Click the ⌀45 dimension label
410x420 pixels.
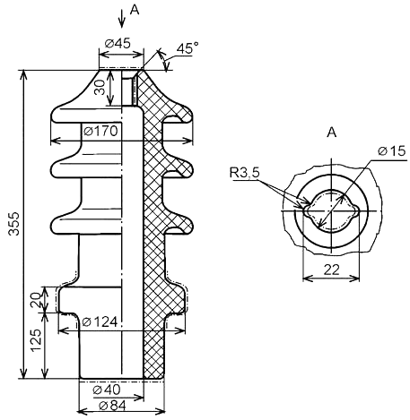pos(118,44)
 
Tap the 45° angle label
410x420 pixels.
pos(188,47)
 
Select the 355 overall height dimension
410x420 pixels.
pos(13,224)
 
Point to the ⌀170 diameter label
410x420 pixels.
pos(100,131)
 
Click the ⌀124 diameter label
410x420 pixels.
pos(100,322)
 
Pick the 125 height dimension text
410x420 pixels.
pos(36,340)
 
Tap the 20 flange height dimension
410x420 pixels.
pos(36,300)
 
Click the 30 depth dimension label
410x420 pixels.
pos(100,87)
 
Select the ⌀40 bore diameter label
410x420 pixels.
pos(107,390)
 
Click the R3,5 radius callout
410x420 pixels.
pos(245,173)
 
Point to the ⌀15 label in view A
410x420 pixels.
pos(392,151)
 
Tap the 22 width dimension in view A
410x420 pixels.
pos(332,270)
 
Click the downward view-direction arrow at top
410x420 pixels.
pos(121,19)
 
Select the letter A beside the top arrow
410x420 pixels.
pos(135,10)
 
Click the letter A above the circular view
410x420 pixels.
pos(332,132)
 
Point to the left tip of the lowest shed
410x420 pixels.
pos(57,226)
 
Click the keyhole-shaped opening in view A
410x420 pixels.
pos(331,210)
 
